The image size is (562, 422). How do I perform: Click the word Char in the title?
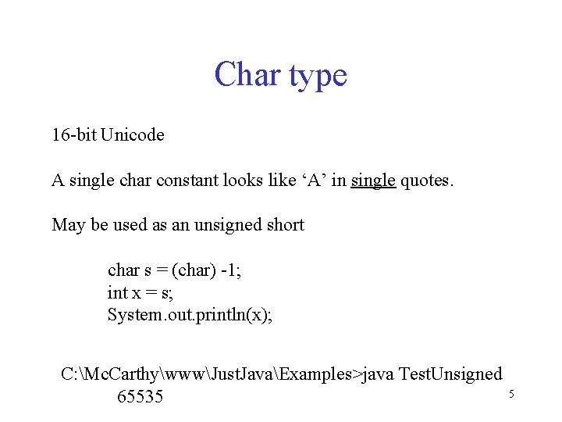pyautogui.click(x=247, y=75)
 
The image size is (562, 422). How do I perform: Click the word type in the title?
pyautogui.click(x=318, y=77)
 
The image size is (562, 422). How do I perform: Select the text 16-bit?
pyautogui.click(x=73, y=135)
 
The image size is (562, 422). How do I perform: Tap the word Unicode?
pyautogui.click(x=133, y=135)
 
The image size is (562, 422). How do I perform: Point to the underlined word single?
pyautogui.click(x=373, y=181)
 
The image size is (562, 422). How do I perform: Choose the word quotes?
pyautogui.click(x=425, y=181)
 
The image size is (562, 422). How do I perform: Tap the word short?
pyautogui.click(x=285, y=225)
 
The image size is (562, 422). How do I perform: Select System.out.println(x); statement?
pyautogui.click(x=190, y=316)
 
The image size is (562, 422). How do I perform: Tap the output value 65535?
pyautogui.click(x=140, y=397)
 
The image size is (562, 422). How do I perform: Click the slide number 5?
pyautogui.click(x=511, y=394)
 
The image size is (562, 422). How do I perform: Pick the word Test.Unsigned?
pyautogui.click(x=450, y=374)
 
